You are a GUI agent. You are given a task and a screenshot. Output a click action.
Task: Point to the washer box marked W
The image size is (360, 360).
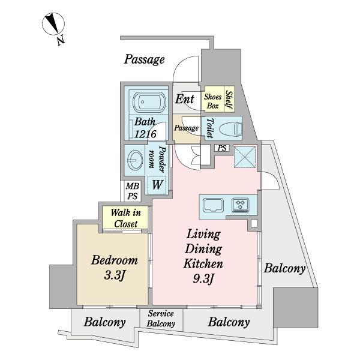click(x=156, y=184)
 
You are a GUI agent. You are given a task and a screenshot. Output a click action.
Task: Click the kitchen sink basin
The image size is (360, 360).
click(x=214, y=205)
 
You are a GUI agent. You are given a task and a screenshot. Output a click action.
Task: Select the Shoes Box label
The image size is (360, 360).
click(x=213, y=101)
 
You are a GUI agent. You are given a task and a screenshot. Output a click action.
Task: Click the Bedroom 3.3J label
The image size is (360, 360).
click(x=115, y=268)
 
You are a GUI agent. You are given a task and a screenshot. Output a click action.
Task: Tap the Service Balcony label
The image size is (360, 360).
click(x=161, y=319)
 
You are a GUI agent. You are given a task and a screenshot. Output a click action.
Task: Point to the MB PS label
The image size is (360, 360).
click(x=131, y=191)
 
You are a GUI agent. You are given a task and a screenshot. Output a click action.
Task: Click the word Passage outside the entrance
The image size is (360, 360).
click(x=144, y=59)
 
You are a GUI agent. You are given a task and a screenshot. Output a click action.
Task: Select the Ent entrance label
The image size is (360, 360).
click(x=185, y=99)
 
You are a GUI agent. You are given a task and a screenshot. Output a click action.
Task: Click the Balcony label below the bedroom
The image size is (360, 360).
click(x=105, y=322)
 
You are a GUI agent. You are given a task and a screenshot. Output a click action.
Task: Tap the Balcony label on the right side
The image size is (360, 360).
click(x=285, y=268)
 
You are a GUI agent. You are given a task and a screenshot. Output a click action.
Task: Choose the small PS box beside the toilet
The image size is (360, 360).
click(x=222, y=148)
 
